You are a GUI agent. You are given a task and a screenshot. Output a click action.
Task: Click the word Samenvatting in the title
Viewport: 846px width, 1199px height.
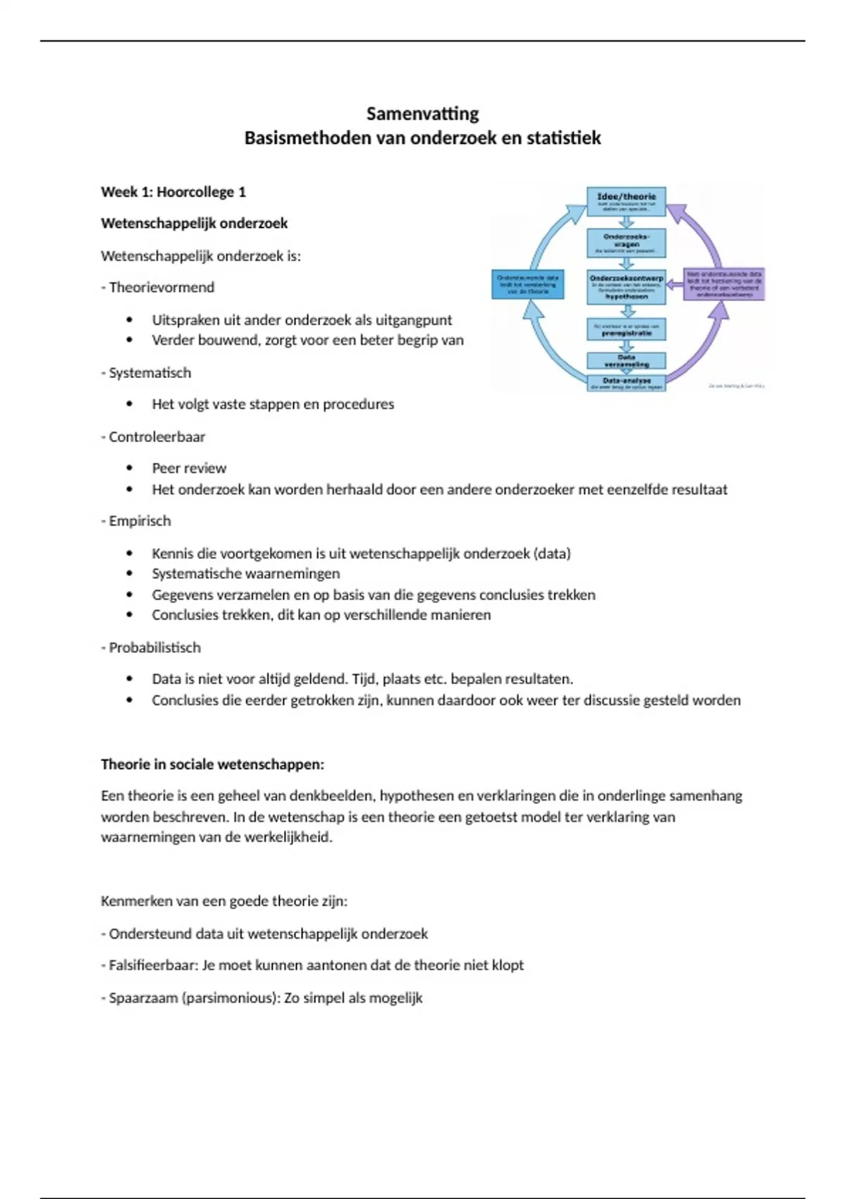point(422,114)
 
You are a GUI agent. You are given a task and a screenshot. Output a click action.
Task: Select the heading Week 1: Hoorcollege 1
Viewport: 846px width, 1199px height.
point(173,192)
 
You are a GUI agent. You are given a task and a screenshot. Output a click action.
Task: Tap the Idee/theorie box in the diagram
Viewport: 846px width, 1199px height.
point(626,201)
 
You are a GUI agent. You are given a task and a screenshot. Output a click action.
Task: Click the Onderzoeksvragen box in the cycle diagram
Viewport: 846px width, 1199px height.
point(626,243)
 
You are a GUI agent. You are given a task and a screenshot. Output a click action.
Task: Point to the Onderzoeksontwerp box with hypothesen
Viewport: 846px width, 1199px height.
point(626,286)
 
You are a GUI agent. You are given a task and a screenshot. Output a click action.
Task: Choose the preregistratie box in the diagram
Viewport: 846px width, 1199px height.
point(626,329)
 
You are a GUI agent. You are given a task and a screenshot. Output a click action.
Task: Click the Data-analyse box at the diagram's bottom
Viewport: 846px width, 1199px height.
point(626,383)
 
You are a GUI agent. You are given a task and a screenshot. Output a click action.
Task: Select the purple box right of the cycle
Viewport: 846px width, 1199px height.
point(724,284)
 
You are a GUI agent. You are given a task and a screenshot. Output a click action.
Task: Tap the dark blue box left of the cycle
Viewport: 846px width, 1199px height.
point(527,284)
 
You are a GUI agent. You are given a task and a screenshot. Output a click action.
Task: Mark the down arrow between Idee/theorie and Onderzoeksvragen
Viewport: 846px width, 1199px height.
point(626,222)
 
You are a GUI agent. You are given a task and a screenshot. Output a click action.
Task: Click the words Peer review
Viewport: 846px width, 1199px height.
point(189,468)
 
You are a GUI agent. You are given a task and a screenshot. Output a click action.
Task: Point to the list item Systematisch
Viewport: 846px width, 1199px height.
point(149,373)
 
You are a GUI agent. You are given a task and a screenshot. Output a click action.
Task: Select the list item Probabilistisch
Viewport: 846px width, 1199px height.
point(154,647)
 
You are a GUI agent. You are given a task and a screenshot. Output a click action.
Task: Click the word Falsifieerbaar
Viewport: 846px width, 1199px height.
point(153,965)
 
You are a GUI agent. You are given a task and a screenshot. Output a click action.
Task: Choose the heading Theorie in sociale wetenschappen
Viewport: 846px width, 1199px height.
point(212,765)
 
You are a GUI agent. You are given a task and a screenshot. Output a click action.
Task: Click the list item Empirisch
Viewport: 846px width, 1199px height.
point(140,521)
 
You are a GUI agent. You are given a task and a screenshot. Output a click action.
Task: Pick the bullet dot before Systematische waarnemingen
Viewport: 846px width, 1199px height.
point(130,574)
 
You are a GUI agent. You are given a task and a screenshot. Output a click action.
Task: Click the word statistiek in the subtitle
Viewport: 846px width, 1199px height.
point(563,138)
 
